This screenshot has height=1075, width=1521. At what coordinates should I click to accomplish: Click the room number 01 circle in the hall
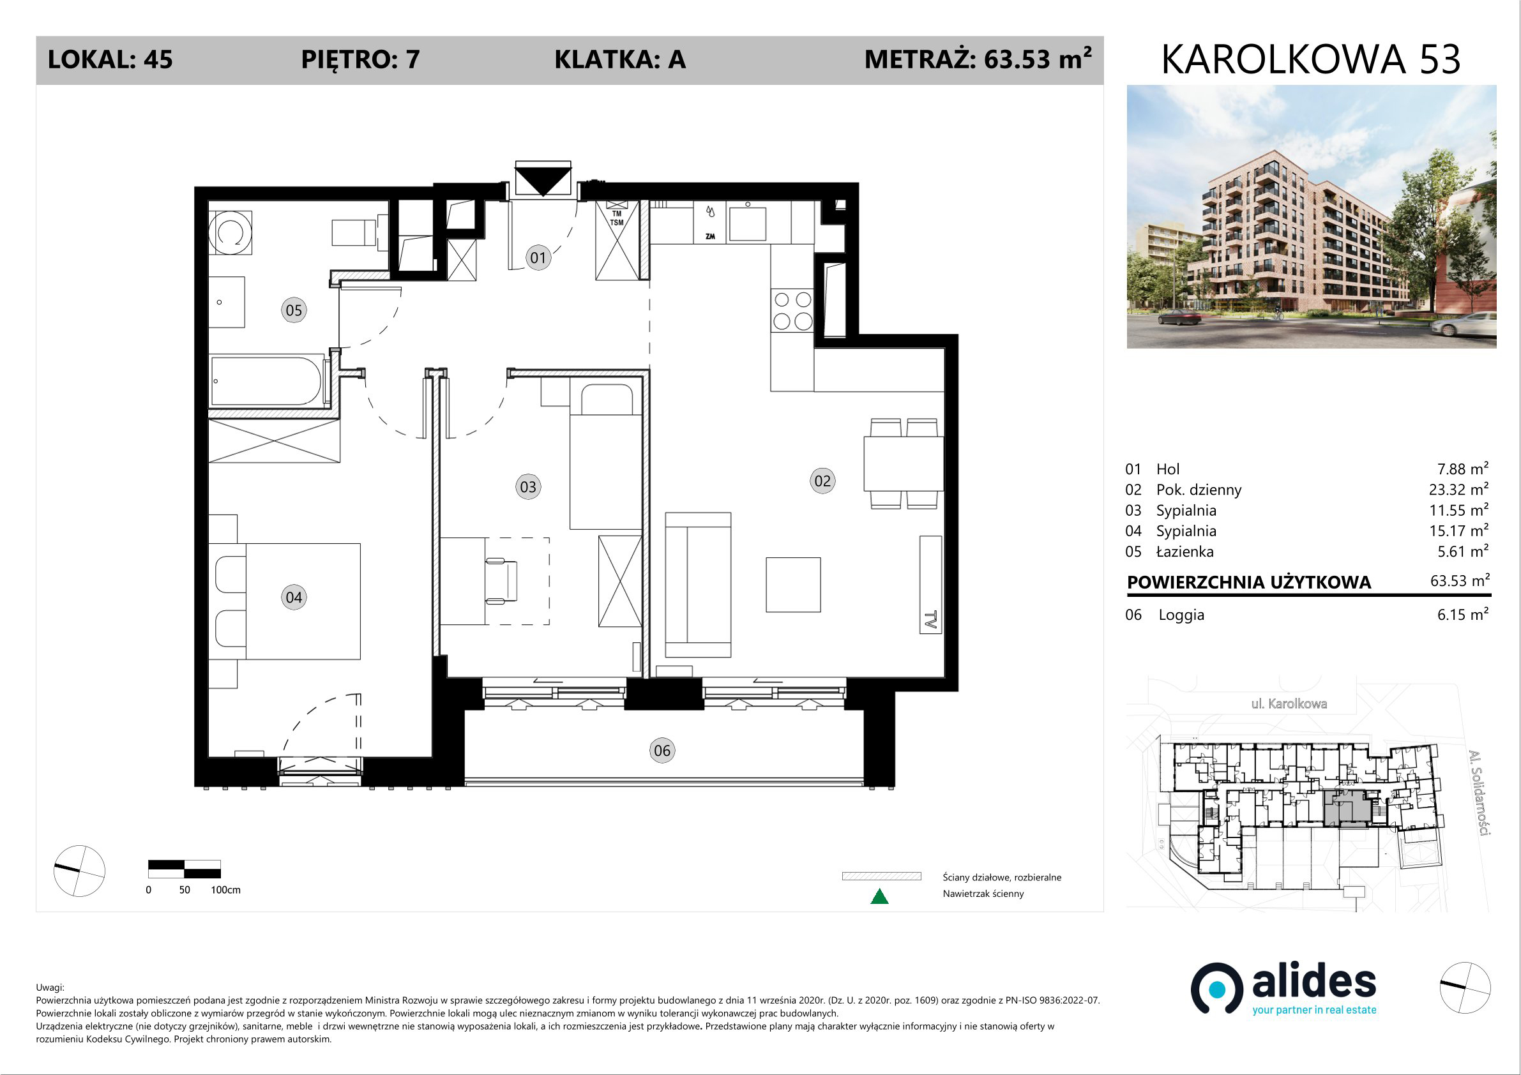[538, 257]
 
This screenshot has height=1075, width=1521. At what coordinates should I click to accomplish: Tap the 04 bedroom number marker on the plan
[294, 597]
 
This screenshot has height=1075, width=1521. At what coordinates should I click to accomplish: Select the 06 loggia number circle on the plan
[662, 751]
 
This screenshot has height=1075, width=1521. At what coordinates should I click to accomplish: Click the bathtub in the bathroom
[266, 382]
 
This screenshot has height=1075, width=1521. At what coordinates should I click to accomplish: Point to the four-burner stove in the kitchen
[792, 310]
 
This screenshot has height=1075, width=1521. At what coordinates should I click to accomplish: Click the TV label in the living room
[930, 620]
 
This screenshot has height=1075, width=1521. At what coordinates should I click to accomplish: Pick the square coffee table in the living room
[793, 584]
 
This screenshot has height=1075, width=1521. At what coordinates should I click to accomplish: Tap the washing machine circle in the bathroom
[230, 232]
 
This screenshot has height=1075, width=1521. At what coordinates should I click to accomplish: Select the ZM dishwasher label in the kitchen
[709, 236]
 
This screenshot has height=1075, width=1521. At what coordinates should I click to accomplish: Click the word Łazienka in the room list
[1185, 551]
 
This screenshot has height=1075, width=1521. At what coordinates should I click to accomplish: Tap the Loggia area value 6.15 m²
[1463, 614]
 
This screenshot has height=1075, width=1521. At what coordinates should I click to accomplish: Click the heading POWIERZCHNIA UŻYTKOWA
[1249, 582]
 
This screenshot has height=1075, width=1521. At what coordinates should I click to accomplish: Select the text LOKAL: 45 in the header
[110, 59]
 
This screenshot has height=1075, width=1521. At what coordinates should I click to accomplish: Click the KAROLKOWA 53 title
[1311, 59]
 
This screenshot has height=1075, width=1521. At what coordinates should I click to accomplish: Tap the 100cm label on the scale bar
[225, 889]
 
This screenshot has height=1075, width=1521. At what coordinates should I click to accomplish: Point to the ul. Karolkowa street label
[1289, 703]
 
